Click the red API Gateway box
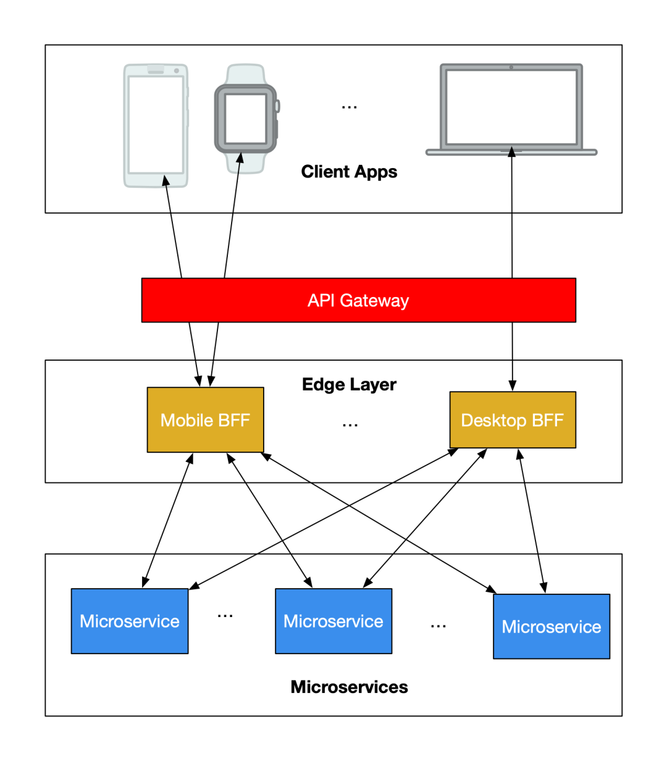pos(358,300)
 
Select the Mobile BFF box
pos(205,420)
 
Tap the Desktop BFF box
pos(513,420)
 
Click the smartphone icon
pos(156,125)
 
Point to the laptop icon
pos(511,109)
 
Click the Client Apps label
pos(349,172)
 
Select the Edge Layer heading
pos(349,384)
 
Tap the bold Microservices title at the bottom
pos(349,687)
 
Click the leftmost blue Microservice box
pos(130,621)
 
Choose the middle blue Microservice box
pos(333,621)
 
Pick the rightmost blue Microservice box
pos(552,626)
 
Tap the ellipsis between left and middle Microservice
pos(225,616)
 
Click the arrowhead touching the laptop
pos(511,152)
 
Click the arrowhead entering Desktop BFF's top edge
pos(512,385)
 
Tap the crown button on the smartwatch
pos(278,106)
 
